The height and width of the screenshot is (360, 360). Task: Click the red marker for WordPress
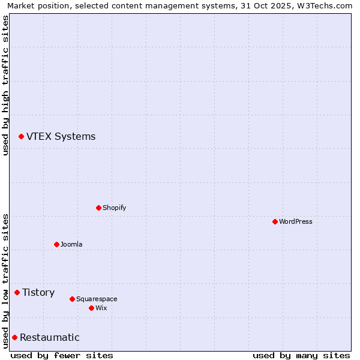(275, 221)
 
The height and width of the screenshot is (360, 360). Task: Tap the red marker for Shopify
(99, 208)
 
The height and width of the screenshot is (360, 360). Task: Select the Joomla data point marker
(57, 244)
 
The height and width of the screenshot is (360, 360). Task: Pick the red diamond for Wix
(92, 308)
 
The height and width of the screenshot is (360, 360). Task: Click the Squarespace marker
(73, 299)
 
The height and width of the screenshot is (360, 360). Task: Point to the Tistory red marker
(17, 292)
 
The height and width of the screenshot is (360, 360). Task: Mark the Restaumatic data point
(15, 337)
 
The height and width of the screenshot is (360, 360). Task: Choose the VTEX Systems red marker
(22, 136)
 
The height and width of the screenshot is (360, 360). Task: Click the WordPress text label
(296, 221)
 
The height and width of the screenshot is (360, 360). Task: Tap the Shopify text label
(114, 208)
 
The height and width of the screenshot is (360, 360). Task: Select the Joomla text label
(71, 244)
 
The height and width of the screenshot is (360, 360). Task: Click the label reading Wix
(101, 308)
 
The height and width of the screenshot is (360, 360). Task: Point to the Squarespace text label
(97, 299)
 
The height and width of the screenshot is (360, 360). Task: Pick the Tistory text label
(38, 292)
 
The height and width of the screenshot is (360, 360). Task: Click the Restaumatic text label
(49, 337)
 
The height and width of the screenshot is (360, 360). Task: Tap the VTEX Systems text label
(61, 136)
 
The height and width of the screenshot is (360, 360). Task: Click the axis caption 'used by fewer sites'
(62, 355)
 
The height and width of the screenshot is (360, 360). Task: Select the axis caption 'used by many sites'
(301, 355)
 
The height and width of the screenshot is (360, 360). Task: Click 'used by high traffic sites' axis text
(5, 85)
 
